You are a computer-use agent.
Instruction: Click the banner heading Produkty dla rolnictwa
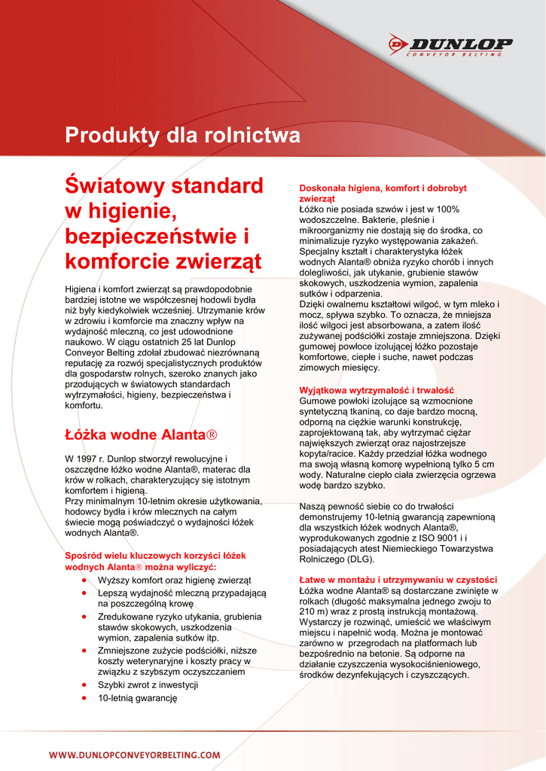pyautogui.click(x=182, y=136)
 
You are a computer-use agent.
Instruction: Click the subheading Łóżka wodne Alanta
pyautogui.click(x=141, y=435)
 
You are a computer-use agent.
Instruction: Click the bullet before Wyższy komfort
pyautogui.click(x=82, y=581)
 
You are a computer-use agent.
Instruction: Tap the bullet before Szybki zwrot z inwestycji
pyautogui.click(x=82, y=685)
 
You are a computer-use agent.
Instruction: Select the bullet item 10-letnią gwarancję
pyautogui.click(x=137, y=699)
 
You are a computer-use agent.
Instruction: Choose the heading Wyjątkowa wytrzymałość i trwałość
pyautogui.click(x=376, y=390)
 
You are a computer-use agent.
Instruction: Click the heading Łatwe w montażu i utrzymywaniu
pyautogui.click(x=398, y=580)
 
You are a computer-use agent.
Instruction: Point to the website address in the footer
pyautogui.click(x=135, y=754)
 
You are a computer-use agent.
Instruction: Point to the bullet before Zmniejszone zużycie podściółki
pyautogui.click(x=82, y=651)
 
